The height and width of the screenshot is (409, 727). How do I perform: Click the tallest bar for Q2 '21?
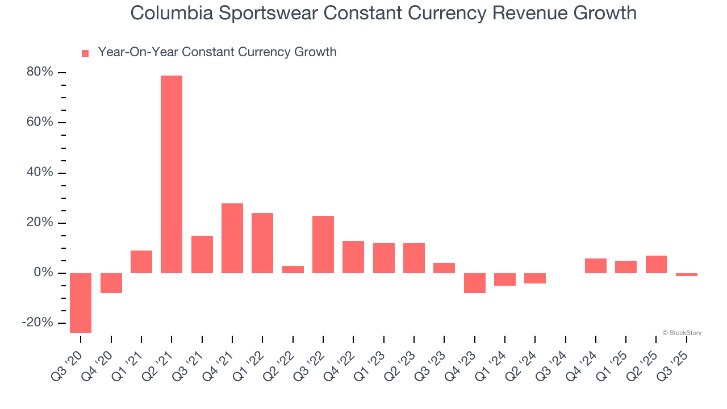click(x=172, y=174)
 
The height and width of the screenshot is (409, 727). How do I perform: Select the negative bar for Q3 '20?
click(x=81, y=303)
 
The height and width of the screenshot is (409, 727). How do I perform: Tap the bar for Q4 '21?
click(x=232, y=238)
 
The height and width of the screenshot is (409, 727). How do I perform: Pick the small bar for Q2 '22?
click(x=293, y=269)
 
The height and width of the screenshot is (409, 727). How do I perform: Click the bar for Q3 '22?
click(x=323, y=244)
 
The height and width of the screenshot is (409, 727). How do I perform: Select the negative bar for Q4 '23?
click(x=475, y=283)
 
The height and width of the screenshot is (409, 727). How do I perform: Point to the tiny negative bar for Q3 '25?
click(x=687, y=274)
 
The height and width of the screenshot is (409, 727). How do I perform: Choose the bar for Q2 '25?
click(x=656, y=264)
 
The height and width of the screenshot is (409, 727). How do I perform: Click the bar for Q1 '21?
click(x=141, y=262)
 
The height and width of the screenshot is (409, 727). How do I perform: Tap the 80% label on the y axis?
click(x=40, y=73)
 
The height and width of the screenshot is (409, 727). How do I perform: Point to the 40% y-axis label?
click(x=40, y=173)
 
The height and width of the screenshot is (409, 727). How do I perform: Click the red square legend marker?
click(x=85, y=53)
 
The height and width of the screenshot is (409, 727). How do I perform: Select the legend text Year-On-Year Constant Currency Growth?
click(x=217, y=52)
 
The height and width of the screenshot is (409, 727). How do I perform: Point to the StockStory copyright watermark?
click(x=682, y=333)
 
